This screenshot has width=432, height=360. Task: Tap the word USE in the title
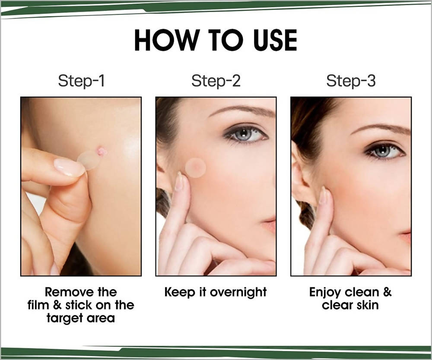[275, 40]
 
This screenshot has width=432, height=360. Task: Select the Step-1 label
[81, 81]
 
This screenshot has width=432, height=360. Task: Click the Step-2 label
[216, 81]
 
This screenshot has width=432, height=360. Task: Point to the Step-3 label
[351, 81]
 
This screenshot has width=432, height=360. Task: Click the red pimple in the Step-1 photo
[102, 151]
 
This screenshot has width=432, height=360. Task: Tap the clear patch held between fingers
[89, 160]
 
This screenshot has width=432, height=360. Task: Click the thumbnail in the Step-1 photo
[69, 167]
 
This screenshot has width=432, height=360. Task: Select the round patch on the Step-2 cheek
[196, 167]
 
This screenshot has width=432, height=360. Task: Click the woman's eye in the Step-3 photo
[384, 151]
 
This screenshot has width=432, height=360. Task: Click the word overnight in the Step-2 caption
[238, 293]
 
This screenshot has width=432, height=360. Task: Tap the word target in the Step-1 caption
[65, 319]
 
